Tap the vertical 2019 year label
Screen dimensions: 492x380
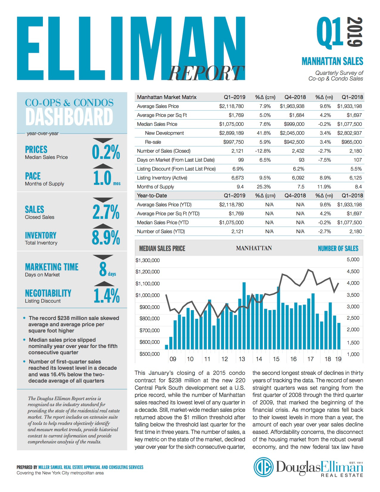355,32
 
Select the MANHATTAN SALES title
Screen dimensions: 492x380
332,61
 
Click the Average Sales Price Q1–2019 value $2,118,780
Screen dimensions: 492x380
231,106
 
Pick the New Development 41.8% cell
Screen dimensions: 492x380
264,133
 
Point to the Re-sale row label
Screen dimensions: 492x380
153,142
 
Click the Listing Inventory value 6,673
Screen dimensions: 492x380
238,178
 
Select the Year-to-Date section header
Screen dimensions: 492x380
152,196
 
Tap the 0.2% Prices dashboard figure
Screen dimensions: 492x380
106,152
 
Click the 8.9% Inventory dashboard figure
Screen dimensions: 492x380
106,238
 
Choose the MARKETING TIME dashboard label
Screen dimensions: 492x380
52,267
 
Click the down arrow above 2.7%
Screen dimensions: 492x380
103,199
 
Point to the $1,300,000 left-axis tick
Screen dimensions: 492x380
148,260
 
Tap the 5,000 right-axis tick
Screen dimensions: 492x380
353,259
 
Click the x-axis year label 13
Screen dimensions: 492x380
242,359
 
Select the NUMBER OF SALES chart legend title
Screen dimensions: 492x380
338,248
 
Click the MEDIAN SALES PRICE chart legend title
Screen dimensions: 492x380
162,248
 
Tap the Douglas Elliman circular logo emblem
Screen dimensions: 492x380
263,467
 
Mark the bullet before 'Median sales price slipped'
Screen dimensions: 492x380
24,340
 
